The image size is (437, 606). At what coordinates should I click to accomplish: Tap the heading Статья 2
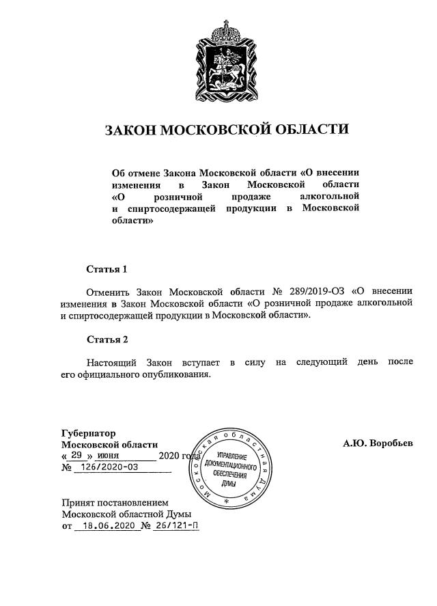pos(107,339)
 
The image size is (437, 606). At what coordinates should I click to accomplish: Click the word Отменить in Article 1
pos(107,290)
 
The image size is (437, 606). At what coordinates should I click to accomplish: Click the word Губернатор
pos(88,432)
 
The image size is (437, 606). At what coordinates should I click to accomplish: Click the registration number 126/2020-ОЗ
pos(109,468)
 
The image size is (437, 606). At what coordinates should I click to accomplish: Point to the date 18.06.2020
pos(105,527)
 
